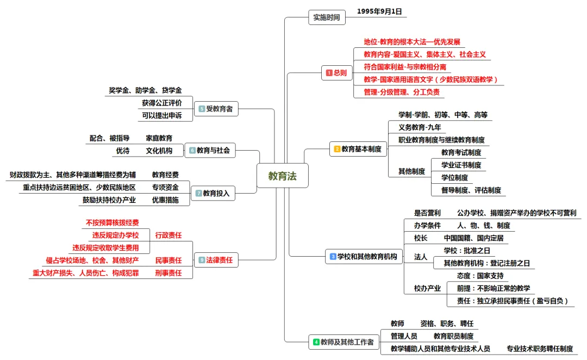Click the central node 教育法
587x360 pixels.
click(x=282, y=176)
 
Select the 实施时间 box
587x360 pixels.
click(x=327, y=17)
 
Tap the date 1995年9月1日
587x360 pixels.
click(x=382, y=11)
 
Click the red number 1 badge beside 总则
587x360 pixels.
click(x=329, y=72)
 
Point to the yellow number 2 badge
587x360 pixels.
click(x=337, y=148)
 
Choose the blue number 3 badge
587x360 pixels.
click(x=333, y=256)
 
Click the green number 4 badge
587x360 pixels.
click(x=316, y=342)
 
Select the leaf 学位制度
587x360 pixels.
click(x=454, y=177)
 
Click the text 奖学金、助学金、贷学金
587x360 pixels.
click(x=145, y=90)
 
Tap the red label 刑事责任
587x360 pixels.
click(x=168, y=273)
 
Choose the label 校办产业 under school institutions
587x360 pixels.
click(x=427, y=288)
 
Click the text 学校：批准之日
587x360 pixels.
click(x=467, y=250)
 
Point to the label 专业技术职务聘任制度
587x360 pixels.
click(x=540, y=349)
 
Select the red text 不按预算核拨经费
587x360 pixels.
click(x=112, y=222)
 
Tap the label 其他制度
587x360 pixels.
click(x=411, y=171)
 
